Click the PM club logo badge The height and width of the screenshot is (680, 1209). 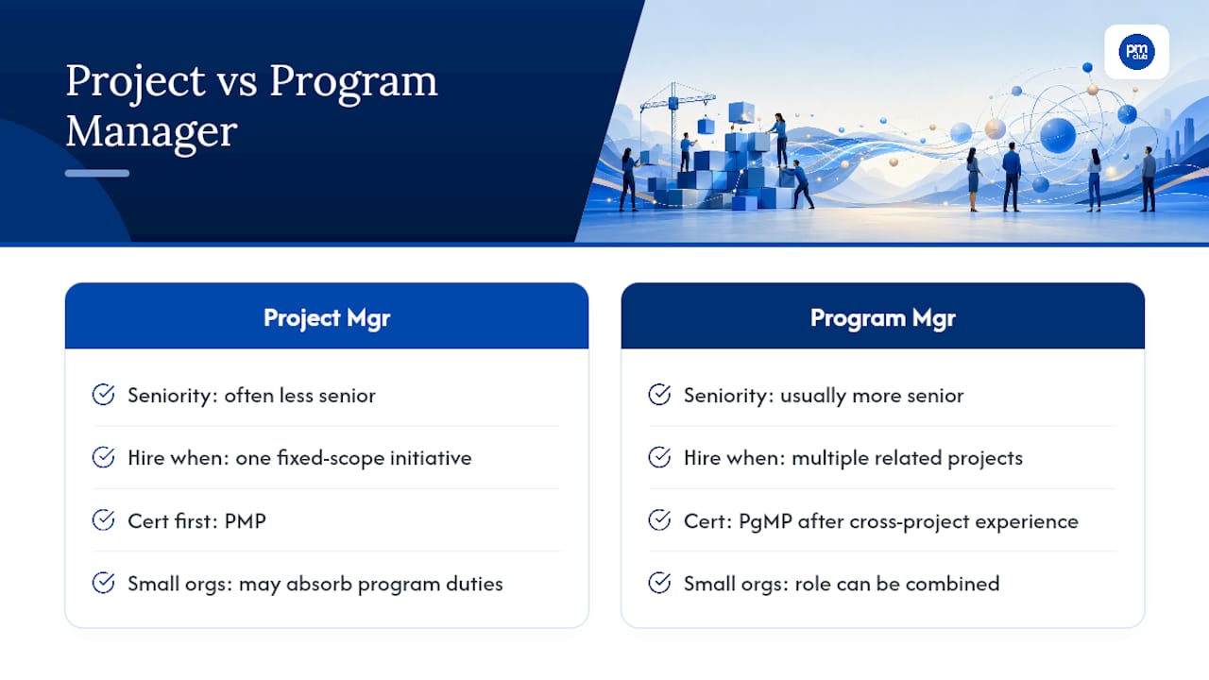1136,52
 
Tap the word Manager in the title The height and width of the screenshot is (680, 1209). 152,132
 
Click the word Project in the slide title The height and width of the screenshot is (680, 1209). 135,82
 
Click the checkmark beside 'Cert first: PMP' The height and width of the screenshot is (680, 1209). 103,520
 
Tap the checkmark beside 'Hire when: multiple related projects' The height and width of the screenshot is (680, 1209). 659,457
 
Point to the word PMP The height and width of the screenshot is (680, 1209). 245,521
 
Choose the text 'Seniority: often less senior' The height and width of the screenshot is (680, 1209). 251,396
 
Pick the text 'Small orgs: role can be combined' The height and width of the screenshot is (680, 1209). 842,584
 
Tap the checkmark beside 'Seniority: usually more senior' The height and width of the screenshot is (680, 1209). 659,395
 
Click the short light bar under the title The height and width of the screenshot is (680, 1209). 97,173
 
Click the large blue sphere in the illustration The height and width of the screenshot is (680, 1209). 1057,135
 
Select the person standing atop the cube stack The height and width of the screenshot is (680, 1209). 779,139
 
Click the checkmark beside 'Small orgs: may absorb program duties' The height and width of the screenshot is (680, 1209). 103,583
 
